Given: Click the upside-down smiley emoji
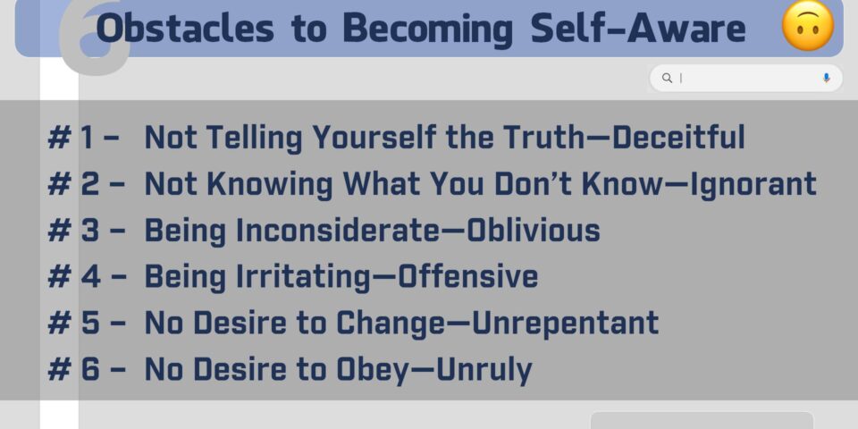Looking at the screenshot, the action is (x=808, y=26).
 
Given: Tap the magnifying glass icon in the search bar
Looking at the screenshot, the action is (x=667, y=78).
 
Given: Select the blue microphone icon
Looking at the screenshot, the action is (x=826, y=78).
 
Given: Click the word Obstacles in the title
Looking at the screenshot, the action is (x=184, y=28).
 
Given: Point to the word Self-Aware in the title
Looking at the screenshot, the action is (x=638, y=28).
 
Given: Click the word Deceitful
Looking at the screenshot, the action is (x=678, y=137).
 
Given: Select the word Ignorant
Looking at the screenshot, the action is (x=753, y=184).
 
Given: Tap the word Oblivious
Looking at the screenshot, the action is (x=533, y=230).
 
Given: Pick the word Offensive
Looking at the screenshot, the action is (x=467, y=276).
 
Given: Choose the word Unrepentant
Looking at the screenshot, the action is (x=565, y=323).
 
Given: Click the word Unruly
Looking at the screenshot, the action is (x=484, y=370).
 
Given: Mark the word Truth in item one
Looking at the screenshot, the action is (x=544, y=137).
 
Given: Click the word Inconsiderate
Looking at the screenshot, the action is (x=338, y=230).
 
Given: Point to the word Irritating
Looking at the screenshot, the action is (x=303, y=277).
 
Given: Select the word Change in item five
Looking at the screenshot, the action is (x=391, y=324).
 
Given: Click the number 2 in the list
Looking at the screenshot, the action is (x=90, y=184).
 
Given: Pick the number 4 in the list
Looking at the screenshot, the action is (x=91, y=276).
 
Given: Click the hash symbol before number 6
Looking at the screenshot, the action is (x=59, y=369).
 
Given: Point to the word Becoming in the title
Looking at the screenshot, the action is (x=428, y=29).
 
